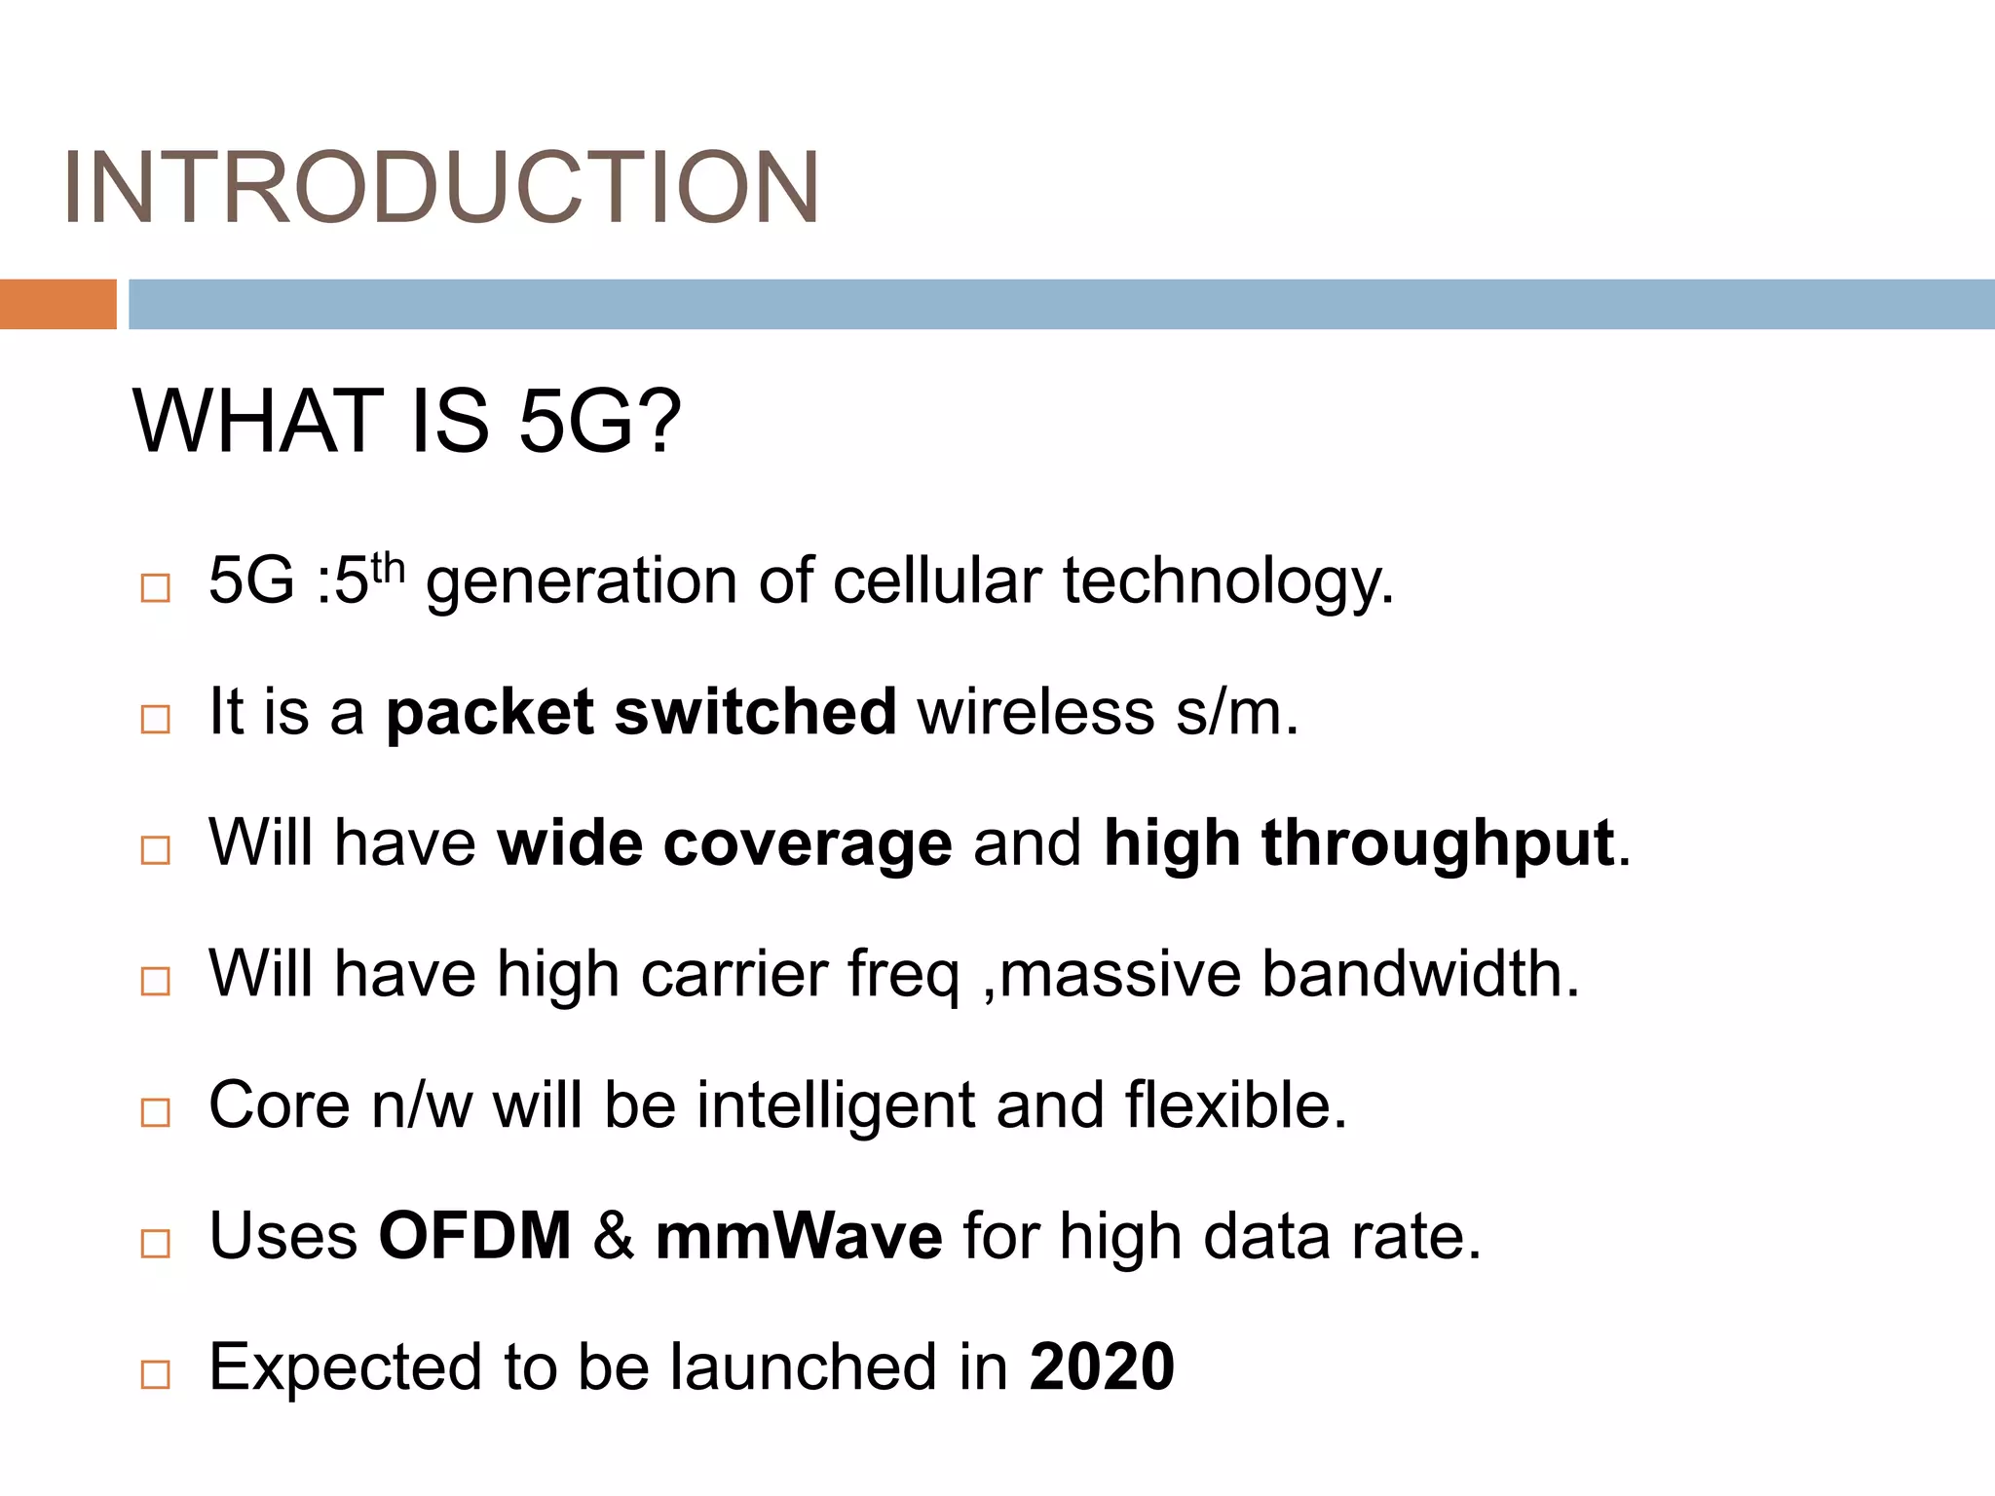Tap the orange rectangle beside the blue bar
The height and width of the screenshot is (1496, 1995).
pos(57,304)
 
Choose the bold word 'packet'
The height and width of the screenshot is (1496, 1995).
pos(489,713)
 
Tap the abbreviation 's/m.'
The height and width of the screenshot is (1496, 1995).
pos(1237,713)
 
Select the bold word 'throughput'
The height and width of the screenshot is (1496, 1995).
pos(1437,843)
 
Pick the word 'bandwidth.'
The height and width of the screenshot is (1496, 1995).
pos(1420,974)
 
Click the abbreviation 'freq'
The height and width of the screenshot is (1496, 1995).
pos(903,976)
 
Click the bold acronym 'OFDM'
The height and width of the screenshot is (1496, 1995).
pos(474,1236)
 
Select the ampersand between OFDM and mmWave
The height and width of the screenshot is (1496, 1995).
pos(613,1236)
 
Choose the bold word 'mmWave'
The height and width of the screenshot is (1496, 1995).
pos(799,1236)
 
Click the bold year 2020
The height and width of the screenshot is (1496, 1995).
pos(1102,1366)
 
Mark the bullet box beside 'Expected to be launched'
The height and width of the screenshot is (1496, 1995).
pos(156,1374)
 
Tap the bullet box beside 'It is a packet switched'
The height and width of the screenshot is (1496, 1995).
pos(156,719)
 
